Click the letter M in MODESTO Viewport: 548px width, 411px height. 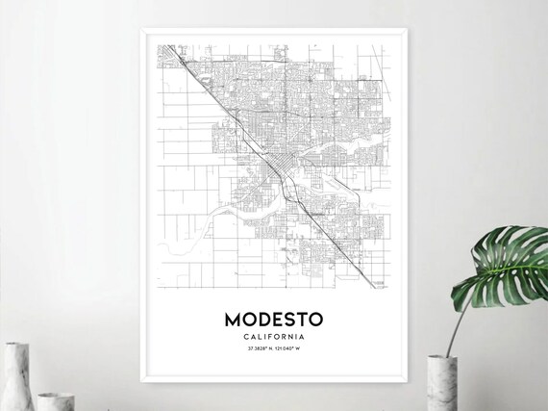[x=233, y=318]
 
